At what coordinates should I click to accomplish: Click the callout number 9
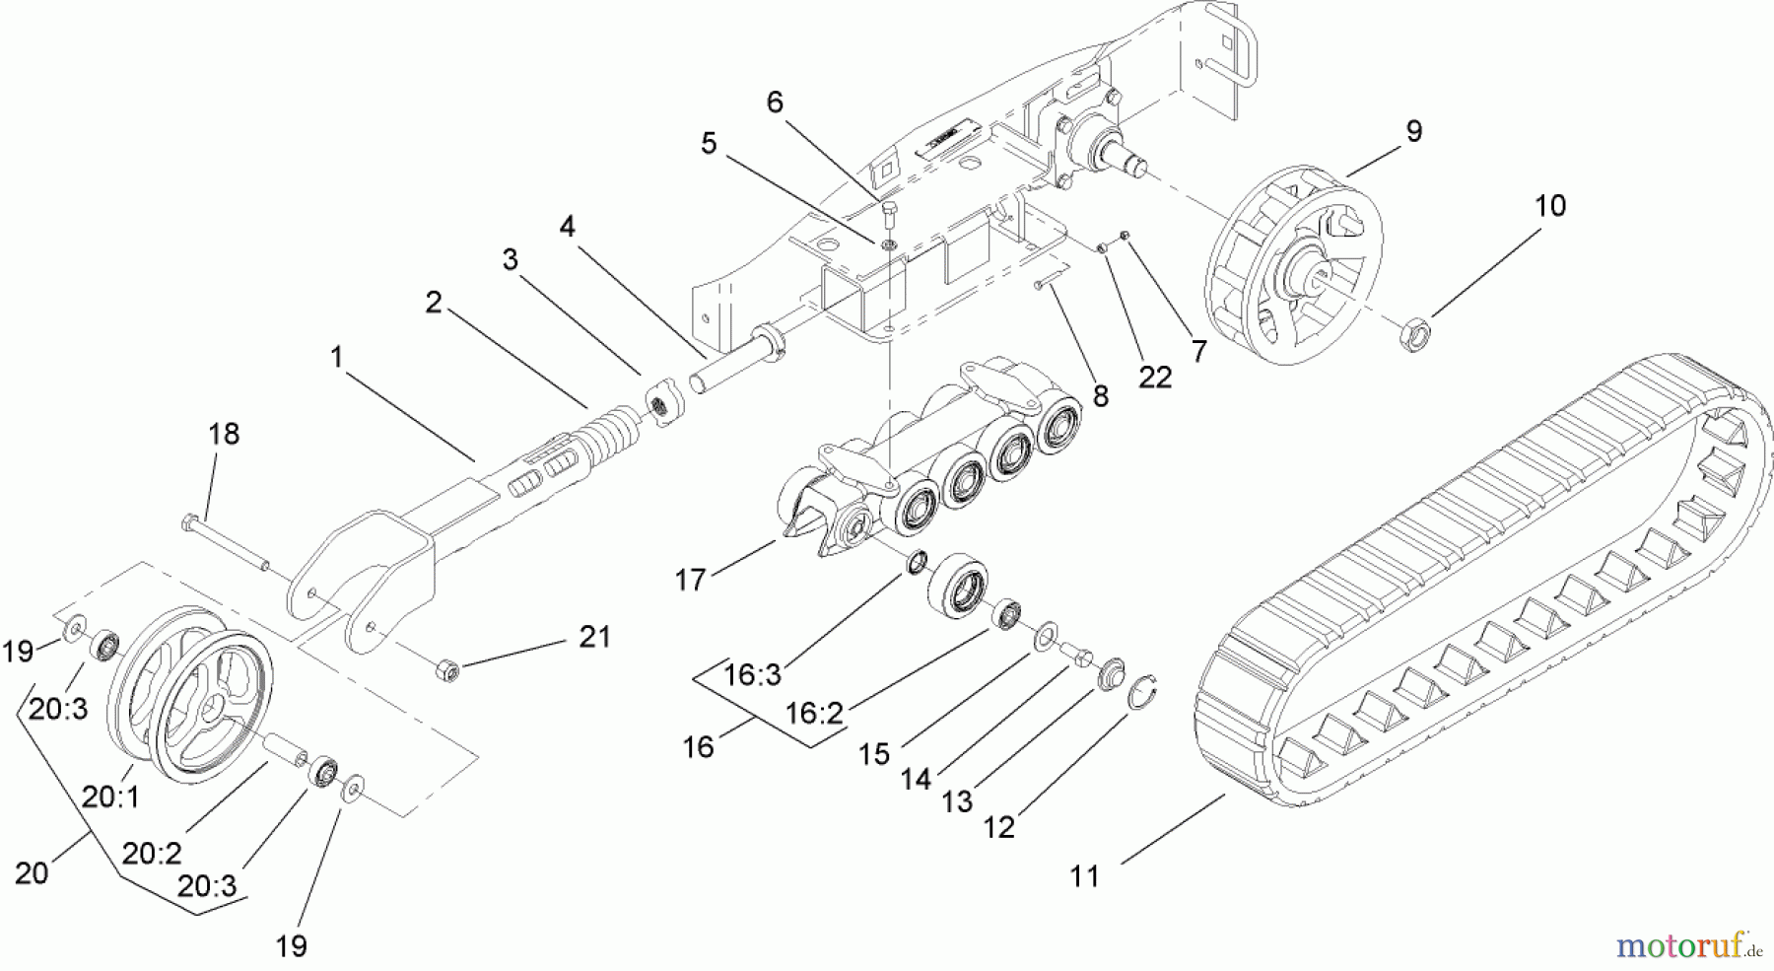tap(1413, 131)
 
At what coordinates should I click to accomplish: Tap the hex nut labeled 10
tap(1413, 336)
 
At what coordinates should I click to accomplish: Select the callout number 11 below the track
tap(1084, 875)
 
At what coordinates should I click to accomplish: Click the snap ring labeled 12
tap(1144, 694)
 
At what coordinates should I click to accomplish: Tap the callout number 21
tap(594, 637)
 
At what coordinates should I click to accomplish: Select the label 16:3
tap(752, 674)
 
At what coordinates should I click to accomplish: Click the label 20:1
tap(110, 797)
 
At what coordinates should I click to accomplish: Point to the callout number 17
tap(691, 580)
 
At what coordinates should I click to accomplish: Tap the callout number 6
tap(775, 102)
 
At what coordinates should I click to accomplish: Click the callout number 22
tap(1155, 378)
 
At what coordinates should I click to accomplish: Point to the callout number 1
tap(336, 357)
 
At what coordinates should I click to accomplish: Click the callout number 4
tap(567, 227)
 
